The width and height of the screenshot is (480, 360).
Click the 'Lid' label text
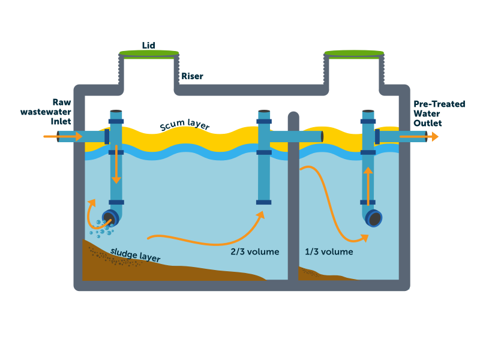point(149,46)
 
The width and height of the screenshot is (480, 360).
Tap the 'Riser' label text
point(192,76)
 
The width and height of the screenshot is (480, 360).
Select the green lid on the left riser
point(149,54)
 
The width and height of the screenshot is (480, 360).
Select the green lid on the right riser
point(354,54)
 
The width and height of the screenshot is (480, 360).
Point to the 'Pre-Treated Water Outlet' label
point(439,113)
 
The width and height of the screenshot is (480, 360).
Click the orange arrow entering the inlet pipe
point(63,137)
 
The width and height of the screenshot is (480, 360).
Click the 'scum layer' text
point(185,125)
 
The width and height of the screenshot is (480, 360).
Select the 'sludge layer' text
point(135,254)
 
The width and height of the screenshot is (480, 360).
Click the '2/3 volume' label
point(255,251)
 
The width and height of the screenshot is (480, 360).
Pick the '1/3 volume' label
point(329,251)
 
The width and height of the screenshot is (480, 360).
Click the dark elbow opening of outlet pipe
point(375,218)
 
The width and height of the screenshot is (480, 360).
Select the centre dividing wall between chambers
point(293,198)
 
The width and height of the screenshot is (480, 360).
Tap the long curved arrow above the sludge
point(204,237)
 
